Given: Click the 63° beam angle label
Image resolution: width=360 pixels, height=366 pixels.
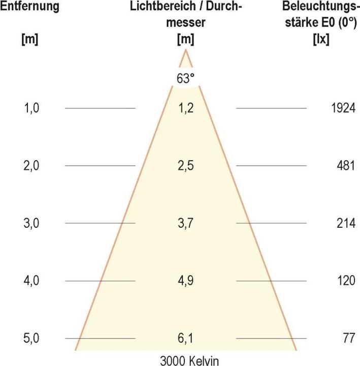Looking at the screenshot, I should pyautogui.click(x=185, y=78).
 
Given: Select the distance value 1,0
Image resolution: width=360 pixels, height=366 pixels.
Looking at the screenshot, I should pyautogui.click(x=31, y=108).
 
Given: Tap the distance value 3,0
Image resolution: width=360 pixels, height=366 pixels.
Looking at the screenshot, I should pyautogui.click(x=31, y=223).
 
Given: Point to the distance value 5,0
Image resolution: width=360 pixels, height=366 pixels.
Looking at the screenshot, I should pyautogui.click(x=31, y=338).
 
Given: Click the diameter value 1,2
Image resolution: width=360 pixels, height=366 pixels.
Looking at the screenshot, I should pyautogui.click(x=186, y=108).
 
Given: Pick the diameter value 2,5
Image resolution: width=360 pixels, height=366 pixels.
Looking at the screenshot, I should pyautogui.click(x=186, y=166).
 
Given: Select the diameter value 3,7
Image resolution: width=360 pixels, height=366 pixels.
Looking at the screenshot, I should pyautogui.click(x=186, y=223).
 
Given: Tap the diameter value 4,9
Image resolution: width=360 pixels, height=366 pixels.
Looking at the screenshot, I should pyautogui.click(x=186, y=281).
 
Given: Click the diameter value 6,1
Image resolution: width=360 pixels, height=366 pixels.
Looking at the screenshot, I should pyautogui.click(x=186, y=338).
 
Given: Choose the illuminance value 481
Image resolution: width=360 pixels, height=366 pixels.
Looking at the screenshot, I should pyautogui.click(x=345, y=166).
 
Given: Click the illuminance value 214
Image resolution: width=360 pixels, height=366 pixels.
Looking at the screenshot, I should pyautogui.click(x=345, y=223).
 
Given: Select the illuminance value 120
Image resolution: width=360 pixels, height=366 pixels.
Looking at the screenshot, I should pyautogui.click(x=345, y=281).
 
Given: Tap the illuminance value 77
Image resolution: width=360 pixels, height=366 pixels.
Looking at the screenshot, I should pyautogui.click(x=348, y=338).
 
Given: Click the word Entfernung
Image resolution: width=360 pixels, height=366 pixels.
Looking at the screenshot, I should pyautogui.click(x=30, y=7).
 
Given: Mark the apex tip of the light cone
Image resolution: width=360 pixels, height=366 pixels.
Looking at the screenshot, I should pyautogui.click(x=186, y=50).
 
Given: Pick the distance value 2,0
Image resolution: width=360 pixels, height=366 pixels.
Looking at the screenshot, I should pyautogui.click(x=31, y=166).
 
